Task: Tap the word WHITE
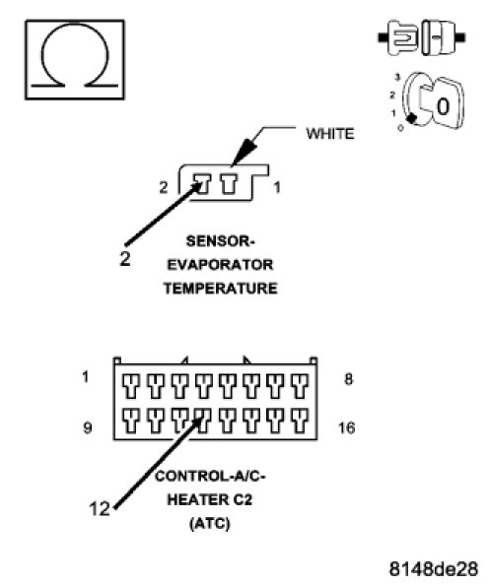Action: [x=330, y=134]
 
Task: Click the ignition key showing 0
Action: [x=433, y=100]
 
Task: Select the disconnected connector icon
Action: [x=422, y=37]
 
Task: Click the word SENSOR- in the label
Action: [x=220, y=241]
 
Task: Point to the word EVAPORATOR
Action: [x=220, y=265]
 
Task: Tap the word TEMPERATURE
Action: [x=220, y=289]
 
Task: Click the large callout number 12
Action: [x=100, y=509]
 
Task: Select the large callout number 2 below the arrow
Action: [x=125, y=259]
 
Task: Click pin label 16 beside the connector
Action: [x=346, y=427]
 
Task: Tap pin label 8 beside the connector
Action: [x=348, y=379]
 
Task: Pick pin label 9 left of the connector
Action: [x=88, y=427]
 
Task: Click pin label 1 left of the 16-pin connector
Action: [x=86, y=377]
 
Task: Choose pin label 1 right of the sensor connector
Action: [x=277, y=187]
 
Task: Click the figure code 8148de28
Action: [x=434, y=569]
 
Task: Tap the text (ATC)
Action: [x=209, y=523]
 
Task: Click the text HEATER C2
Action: [x=209, y=500]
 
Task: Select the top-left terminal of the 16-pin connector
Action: [x=131, y=386]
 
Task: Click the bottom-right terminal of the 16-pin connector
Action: [x=300, y=421]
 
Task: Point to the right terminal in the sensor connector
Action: [x=229, y=184]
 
